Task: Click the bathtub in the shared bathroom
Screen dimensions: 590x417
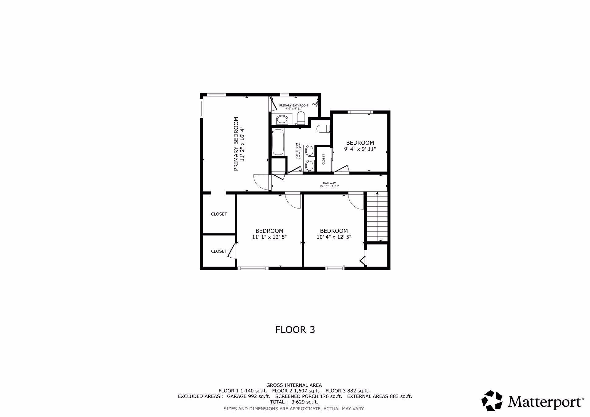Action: (x=278, y=142)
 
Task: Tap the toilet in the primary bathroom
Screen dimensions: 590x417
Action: (x=301, y=119)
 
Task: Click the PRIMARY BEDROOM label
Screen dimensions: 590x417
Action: (x=236, y=144)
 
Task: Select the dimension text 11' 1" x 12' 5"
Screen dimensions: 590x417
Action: (x=269, y=237)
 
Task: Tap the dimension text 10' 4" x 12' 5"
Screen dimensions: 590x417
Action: (x=334, y=237)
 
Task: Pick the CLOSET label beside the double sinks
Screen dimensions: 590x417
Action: (x=324, y=159)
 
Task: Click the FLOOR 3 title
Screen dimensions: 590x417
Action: (x=295, y=330)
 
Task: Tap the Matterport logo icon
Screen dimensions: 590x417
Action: (x=492, y=400)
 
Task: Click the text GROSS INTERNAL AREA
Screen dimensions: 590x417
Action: (x=294, y=385)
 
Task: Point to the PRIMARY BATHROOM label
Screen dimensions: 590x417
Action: (x=293, y=106)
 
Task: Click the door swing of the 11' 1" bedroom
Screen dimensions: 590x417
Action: (x=293, y=201)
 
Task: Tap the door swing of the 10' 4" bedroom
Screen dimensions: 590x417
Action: (x=356, y=201)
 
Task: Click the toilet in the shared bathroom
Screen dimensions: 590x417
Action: (x=323, y=129)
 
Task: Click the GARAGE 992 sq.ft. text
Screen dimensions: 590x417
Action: (x=249, y=396)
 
